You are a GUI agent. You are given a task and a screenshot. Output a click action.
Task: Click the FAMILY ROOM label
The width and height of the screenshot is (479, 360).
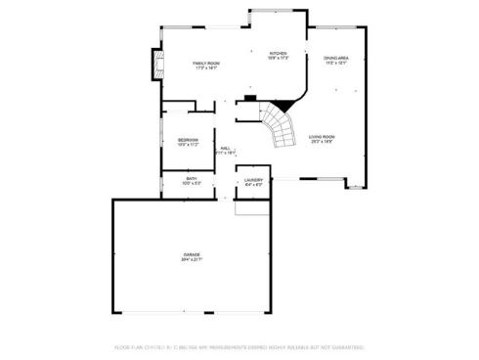(205, 63)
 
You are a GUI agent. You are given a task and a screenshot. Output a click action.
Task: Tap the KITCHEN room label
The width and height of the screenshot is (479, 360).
(278, 53)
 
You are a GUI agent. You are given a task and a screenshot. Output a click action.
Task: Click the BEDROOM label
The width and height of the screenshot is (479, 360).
(188, 140)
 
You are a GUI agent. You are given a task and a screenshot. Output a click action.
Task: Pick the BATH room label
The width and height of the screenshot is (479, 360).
(192, 178)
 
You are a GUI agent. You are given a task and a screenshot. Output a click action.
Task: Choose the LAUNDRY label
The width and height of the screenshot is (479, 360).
(254, 180)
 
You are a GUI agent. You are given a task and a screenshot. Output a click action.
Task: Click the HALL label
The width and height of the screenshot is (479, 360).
(225, 148)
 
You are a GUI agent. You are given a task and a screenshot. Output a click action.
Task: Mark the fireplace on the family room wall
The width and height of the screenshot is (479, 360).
(153, 65)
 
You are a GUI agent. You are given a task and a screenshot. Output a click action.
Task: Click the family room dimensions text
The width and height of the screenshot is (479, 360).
(205, 67)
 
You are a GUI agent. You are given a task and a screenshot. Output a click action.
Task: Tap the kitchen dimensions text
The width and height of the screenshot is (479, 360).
(278, 58)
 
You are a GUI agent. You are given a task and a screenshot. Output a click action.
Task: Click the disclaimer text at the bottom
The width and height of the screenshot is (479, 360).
(239, 346)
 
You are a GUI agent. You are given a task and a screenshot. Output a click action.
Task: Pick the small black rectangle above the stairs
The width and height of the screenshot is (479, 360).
(249, 98)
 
